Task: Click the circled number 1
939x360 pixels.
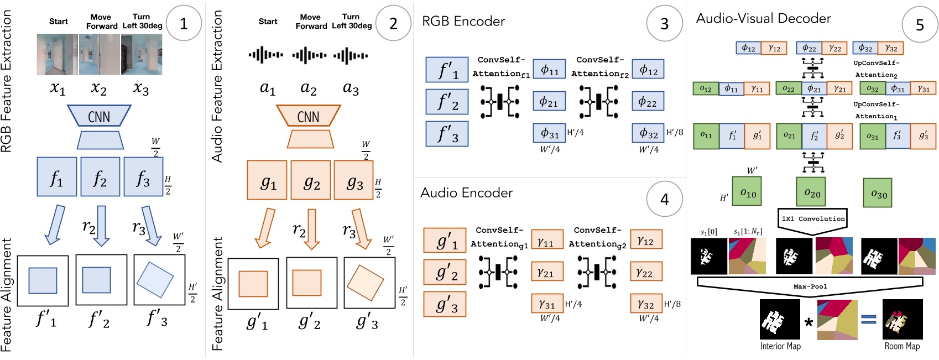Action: (x=184, y=23)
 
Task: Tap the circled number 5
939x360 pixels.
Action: (x=920, y=25)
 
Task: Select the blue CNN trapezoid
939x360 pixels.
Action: (x=99, y=116)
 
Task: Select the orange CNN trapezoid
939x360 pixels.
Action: (x=308, y=117)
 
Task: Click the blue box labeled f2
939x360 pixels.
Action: (x=100, y=177)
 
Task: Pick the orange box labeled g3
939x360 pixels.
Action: (x=354, y=180)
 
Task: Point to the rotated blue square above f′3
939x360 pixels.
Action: (x=155, y=280)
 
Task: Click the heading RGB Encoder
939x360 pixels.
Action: (x=463, y=22)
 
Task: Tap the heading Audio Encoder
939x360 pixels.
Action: (x=466, y=192)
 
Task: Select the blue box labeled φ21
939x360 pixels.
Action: (x=549, y=102)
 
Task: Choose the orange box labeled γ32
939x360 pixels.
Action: (x=646, y=304)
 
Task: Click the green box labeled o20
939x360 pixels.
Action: (x=811, y=192)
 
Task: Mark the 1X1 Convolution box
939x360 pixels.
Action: (x=812, y=218)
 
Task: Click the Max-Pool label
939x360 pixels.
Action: (x=810, y=286)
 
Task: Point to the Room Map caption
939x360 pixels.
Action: (x=902, y=346)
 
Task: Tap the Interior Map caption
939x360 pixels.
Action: (x=780, y=346)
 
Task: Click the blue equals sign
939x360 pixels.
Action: (x=869, y=319)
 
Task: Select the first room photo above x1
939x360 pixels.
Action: (x=57, y=54)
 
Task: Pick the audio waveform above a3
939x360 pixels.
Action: (x=351, y=55)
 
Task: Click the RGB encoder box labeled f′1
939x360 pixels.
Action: (x=447, y=70)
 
